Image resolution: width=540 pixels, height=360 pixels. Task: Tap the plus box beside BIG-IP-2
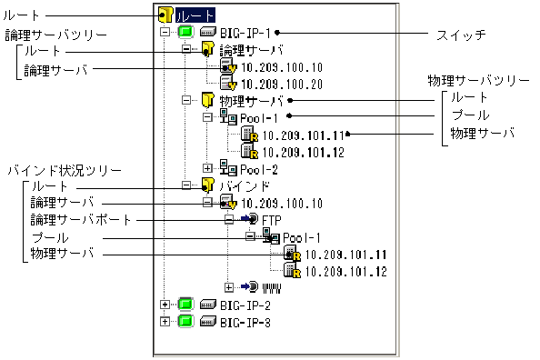165,305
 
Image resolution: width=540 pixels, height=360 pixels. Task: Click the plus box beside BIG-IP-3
165,322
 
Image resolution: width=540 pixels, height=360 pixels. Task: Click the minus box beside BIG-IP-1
165,32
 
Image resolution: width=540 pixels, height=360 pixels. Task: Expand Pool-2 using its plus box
207,168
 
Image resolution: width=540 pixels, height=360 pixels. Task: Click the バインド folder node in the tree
237,185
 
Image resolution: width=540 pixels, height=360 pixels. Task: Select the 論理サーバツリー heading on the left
43,35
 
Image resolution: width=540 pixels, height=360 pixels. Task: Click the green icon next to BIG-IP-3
185,322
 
